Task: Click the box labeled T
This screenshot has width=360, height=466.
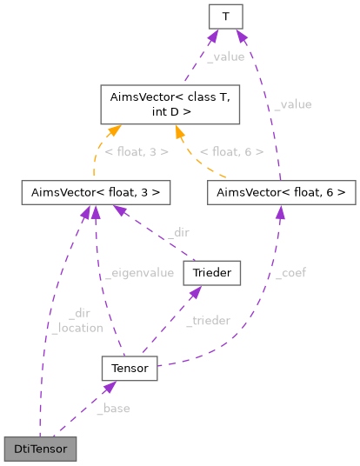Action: [225, 16]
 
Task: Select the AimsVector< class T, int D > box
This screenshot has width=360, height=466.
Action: [165, 103]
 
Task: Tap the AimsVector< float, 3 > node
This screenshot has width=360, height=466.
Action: [96, 191]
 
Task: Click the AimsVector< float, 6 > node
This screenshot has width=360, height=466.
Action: [282, 191]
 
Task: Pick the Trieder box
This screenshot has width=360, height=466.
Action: [211, 273]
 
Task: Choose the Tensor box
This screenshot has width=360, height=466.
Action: [130, 369]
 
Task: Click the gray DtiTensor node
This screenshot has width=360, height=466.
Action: [40, 449]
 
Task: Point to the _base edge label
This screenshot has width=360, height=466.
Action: [115, 409]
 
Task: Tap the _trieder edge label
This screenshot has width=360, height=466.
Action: [208, 321]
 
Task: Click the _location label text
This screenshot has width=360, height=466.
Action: [77, 328]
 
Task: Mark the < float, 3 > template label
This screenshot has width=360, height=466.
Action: [137, 152]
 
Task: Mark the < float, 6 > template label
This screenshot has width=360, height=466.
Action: [231, 152]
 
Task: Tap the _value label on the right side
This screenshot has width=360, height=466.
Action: [292, 104]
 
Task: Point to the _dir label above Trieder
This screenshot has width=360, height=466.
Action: [178, 232]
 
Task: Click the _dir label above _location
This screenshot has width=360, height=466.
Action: [78, 314]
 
